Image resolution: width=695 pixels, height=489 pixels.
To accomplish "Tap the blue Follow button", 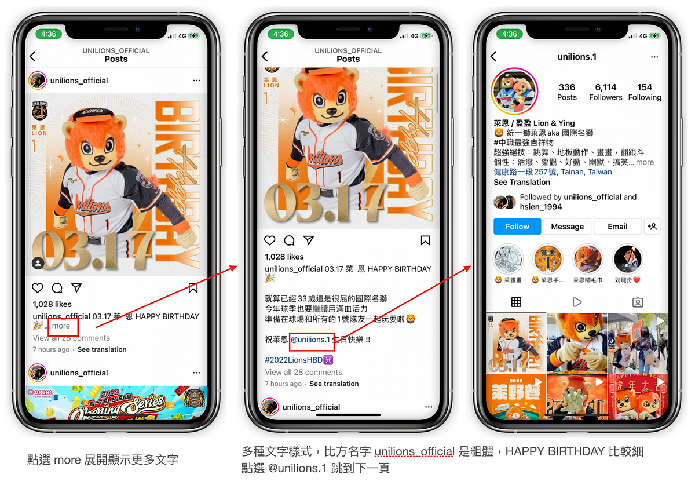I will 517,227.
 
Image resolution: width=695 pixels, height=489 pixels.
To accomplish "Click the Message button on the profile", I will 567,227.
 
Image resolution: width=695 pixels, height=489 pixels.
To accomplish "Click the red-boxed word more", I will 61,326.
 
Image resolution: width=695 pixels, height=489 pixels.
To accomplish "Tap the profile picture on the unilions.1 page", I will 514,92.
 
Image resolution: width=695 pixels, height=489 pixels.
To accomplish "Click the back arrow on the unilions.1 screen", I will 494,56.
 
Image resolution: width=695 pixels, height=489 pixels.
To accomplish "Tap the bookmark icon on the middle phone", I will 425,240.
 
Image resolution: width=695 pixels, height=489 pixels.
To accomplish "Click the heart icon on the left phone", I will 38,288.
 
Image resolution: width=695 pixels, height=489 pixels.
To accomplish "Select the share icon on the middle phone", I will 309,240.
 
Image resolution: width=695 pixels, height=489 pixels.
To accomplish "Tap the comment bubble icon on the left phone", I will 57,288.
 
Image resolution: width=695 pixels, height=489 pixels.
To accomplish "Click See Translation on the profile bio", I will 522,182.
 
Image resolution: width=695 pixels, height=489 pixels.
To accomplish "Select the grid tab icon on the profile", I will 516,302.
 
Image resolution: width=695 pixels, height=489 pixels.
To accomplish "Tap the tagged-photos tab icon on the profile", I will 638,302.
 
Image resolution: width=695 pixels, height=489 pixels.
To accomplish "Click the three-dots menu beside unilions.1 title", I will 654,57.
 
